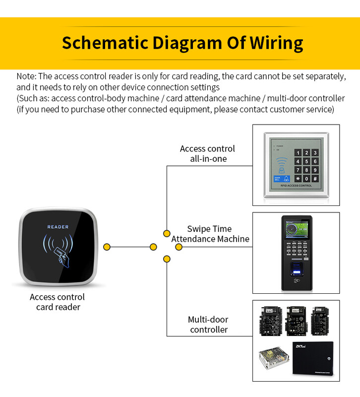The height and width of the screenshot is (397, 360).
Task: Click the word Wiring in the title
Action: (276, 43)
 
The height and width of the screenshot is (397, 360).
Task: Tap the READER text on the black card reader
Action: (58, 227)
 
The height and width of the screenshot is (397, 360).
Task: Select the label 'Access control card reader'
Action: (58, 302)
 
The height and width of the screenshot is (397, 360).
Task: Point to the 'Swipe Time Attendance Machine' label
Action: (210, 234)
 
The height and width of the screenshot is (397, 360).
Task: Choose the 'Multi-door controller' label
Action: (209, 325)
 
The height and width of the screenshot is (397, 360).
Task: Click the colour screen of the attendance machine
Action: (296, 231)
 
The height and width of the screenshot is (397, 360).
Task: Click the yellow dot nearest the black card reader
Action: (107, 247)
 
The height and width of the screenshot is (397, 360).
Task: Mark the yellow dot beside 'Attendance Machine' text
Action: (179, 247)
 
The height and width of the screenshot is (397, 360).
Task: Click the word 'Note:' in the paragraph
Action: (26, 76)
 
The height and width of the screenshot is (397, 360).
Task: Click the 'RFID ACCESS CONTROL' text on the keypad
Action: (296, 186)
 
